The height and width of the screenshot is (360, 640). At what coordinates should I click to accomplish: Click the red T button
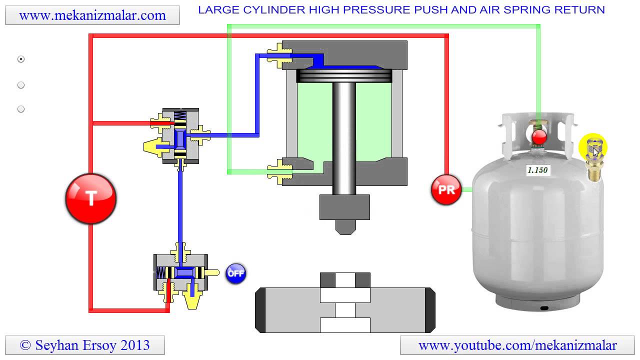click(91, 198)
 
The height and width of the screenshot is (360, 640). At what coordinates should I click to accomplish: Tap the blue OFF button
click(235, 273)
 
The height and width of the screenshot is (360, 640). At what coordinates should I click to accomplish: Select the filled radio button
click(21, 59)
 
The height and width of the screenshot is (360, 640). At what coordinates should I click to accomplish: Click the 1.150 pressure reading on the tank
click(537, 170)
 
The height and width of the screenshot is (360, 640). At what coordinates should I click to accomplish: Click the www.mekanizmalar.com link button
click(92, 15)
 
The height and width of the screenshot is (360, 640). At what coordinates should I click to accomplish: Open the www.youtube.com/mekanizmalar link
click(517, 345)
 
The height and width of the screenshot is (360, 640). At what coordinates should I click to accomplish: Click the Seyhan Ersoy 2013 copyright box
click(85, 345)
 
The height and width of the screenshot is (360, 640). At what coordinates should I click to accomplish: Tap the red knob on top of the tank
click(539, 137)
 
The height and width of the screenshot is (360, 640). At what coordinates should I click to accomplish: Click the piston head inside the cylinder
click(344, 76)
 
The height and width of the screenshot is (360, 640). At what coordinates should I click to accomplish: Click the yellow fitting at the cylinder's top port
click(279, 55)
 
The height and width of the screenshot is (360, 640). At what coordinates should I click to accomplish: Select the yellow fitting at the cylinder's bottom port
click(279, 171)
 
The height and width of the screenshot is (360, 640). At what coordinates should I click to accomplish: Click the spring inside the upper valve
click(180, 116)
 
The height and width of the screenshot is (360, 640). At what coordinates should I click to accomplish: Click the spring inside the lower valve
click(160, 273)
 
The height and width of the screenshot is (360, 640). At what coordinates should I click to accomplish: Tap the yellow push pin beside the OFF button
click(211, 273)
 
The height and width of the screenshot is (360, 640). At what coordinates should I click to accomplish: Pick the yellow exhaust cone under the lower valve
click(192, 299)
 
